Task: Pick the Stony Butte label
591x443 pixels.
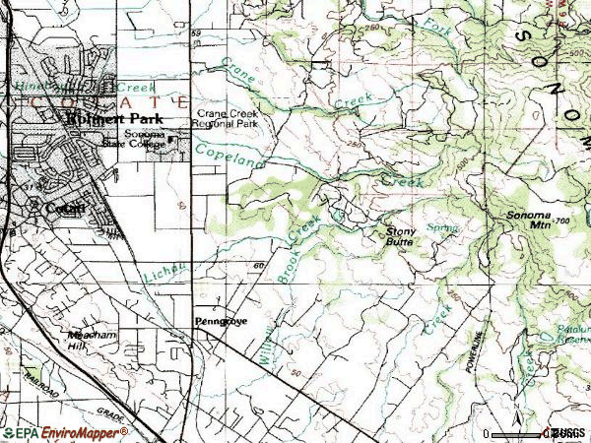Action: coord(399,235)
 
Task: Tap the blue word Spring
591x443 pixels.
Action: coord(445,227)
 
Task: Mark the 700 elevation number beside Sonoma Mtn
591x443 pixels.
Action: coord(562,221)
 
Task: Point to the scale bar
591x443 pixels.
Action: coord(522,433)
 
